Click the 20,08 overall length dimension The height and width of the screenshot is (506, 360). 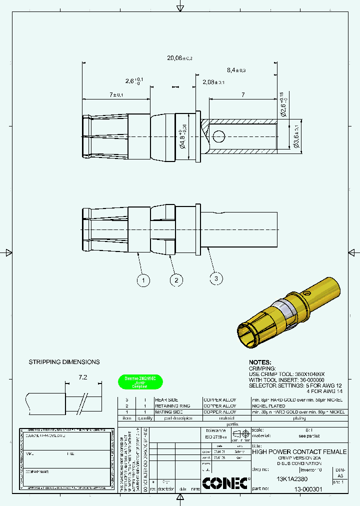click(x=179, y=58)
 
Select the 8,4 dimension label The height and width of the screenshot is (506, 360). click(x=236, y=70)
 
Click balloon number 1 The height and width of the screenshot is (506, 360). click(x=143, y=281)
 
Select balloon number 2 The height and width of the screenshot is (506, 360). click(x=175, y=280)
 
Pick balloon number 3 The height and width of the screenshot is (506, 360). click(x=216, y=278)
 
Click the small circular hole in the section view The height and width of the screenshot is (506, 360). click(x=218, y=135)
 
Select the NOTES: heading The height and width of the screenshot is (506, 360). click(x=260, y=362)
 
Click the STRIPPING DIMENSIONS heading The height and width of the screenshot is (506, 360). click(x=64, y=362)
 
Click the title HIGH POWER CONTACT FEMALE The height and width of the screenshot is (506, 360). click(x=299, y=451)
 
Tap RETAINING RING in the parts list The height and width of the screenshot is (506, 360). click(x=172, y=406)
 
